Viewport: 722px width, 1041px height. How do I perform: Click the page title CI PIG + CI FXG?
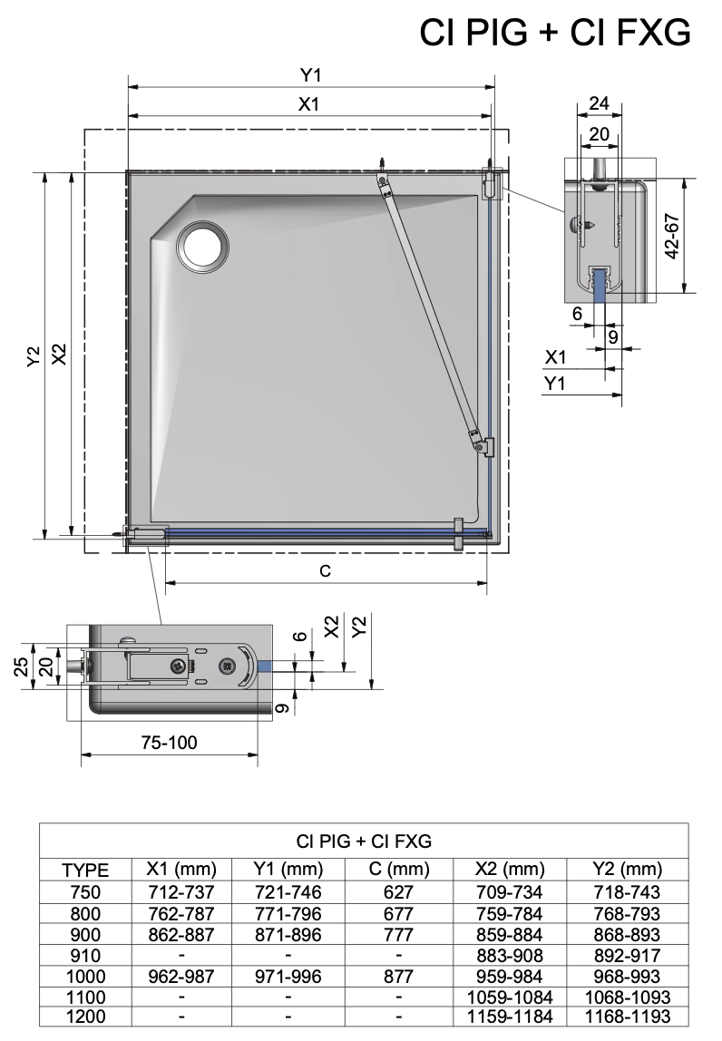[555, 32]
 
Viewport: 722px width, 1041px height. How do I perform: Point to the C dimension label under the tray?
[325, 571]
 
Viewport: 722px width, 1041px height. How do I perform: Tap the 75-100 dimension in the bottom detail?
[169, 743]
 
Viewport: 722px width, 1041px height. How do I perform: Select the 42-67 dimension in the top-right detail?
[671, 237]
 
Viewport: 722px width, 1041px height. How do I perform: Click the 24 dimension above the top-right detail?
[600, 103]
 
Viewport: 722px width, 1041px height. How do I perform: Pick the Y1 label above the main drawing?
[310, 75]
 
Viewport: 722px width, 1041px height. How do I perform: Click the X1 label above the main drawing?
[309, 104]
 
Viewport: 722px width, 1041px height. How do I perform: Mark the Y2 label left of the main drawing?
[34, 355]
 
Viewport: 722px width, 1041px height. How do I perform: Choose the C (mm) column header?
[399, 869]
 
